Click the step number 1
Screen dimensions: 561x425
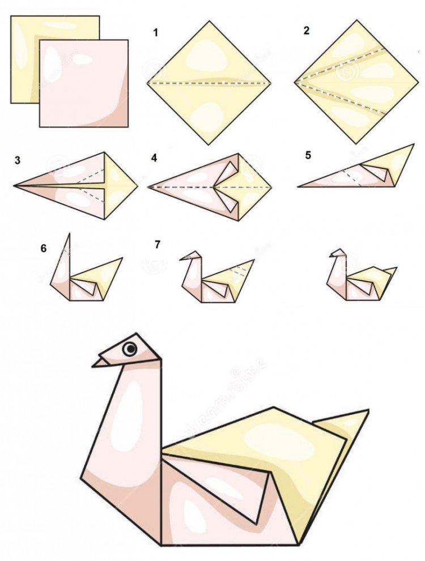tap(155, 32)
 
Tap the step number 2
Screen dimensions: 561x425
tap(307, 31)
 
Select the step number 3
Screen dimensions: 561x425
tap(18, 160)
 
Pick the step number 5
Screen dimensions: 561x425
tap(308, 155)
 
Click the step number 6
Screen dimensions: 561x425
tap(44, 248)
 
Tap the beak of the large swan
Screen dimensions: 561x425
tap(102, 361)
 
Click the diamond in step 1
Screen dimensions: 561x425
tap(209, 83)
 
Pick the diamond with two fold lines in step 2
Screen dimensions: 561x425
tap(356, 82)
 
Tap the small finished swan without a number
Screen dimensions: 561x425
tap(359, 278)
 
